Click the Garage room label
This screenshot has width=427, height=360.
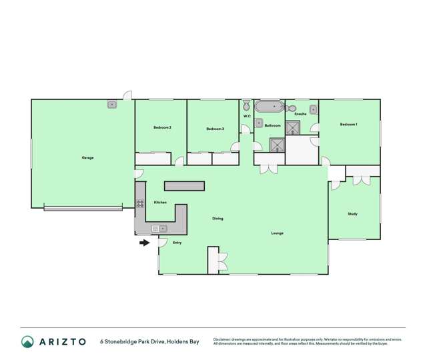coord(87,158)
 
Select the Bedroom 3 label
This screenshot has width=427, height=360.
coord(215,129)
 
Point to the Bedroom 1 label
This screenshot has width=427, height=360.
coord(348,125)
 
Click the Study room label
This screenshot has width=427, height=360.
coord(352,214)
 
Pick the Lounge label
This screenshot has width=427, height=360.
coord(278,233)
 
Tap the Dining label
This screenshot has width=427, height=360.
coord(218,219)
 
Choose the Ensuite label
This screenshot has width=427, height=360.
coord(300,114)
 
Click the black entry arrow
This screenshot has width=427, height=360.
coord(144,243)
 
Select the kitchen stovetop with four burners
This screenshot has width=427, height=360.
coord(140,204)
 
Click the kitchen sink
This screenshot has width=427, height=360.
coord(160,229)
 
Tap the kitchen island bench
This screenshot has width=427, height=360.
coord(184,185)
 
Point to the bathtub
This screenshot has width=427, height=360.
coord(269,107)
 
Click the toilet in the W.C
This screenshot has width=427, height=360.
coord(246,105)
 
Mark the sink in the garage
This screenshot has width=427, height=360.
coord(112,104)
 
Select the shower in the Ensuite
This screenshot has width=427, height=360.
coord(293,127)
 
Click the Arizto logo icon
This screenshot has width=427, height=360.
coord(27,341)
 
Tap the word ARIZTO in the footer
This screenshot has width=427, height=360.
coord(62,341)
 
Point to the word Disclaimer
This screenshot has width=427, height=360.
coord(226,339)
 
